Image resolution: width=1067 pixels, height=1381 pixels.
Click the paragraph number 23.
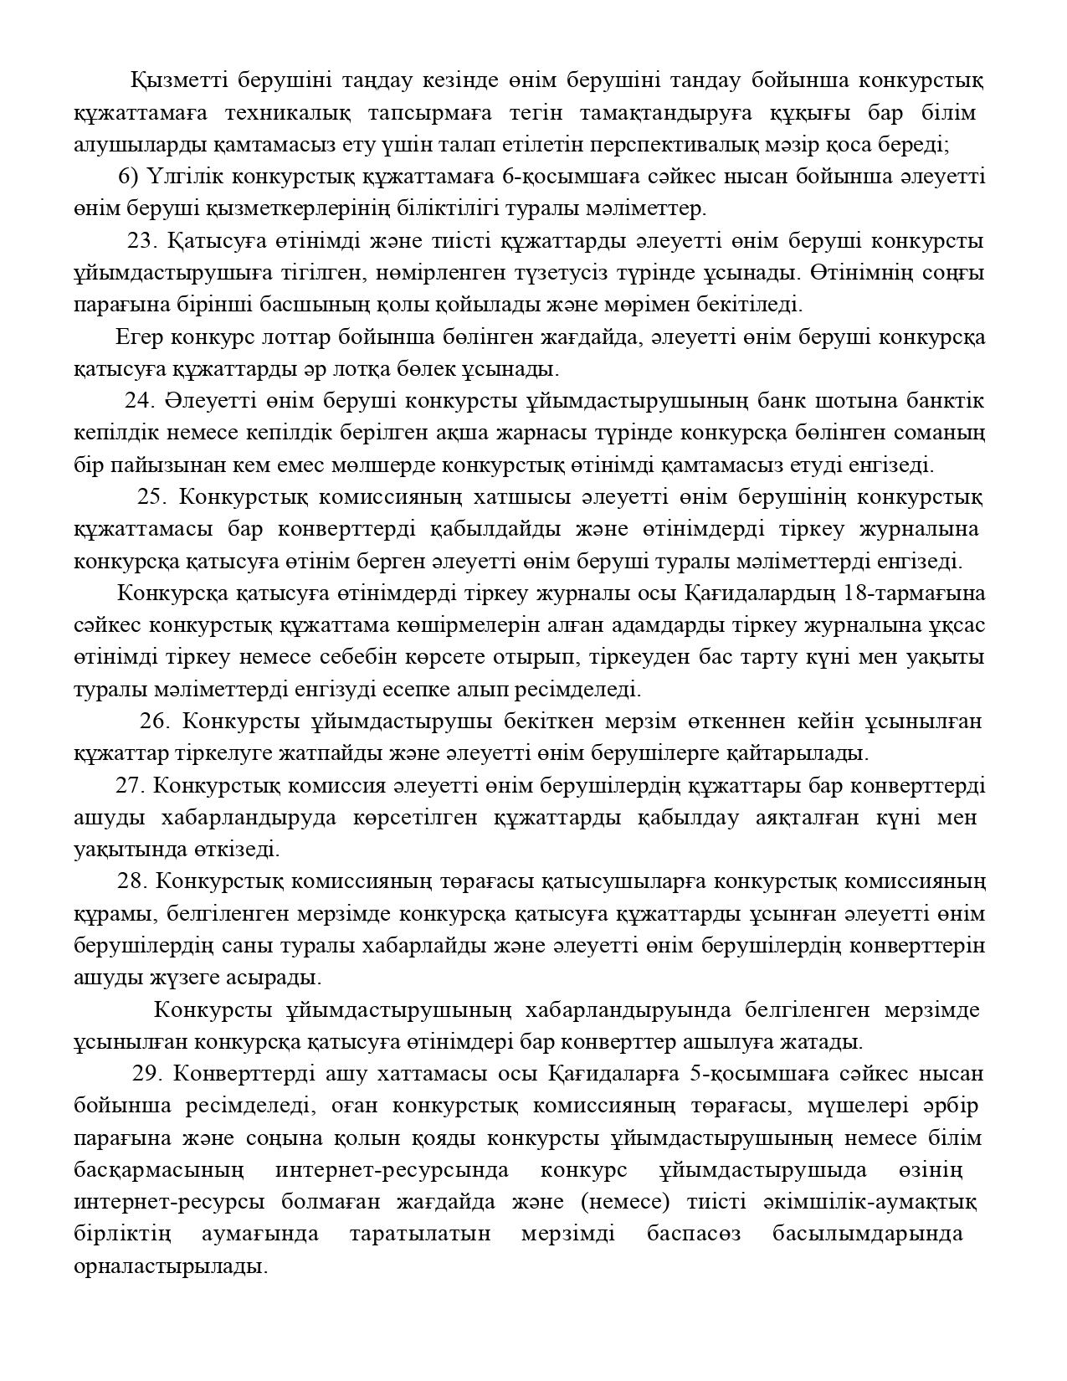(142, 241)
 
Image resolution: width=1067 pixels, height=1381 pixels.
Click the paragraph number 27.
(131, 786)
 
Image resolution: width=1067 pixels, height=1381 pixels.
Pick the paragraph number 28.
(133, 881)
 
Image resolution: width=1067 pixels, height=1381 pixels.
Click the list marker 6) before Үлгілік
(128, 177)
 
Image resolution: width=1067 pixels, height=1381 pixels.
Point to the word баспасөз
(693, 1235)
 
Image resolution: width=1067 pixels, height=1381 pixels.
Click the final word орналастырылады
(170, 1266)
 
